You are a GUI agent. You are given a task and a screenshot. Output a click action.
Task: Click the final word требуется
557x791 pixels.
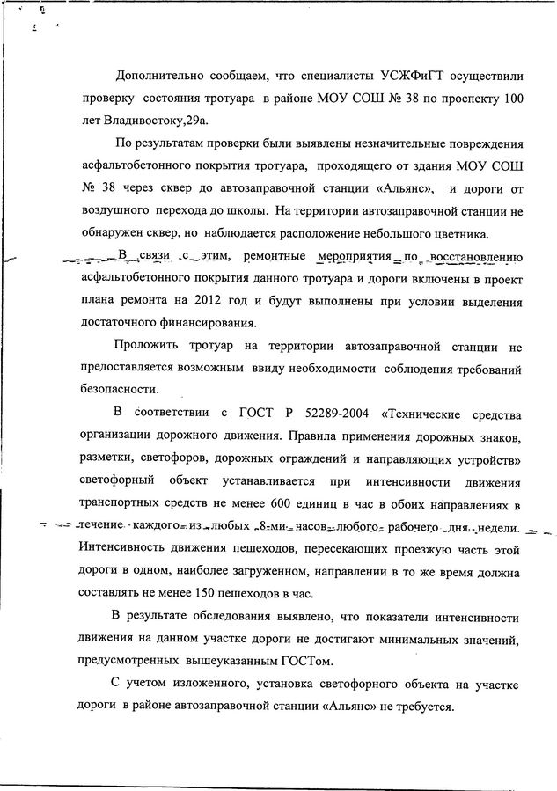point(422,707)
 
